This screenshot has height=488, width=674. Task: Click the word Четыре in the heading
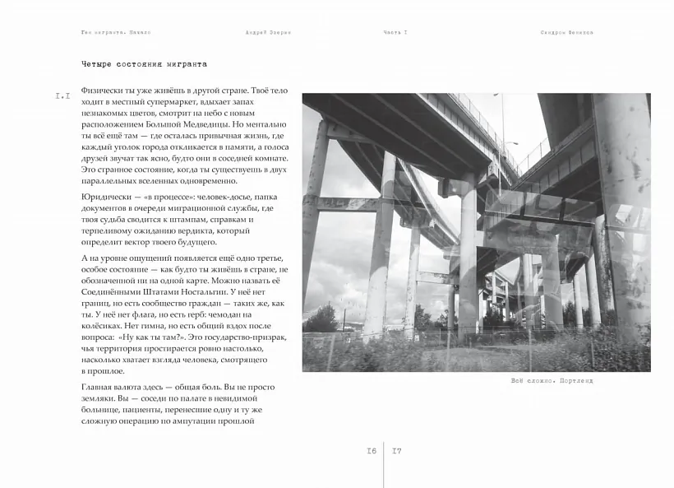pos(95,64)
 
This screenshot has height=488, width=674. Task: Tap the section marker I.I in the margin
pos(62,96)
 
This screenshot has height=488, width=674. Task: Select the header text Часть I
pos(395,32)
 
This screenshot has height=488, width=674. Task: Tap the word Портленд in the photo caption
pos(575,381)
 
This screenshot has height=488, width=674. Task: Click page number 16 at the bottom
pos(372,451)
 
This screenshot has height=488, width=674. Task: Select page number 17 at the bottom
pos(397,451)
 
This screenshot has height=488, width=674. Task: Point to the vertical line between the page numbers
pos(384,461)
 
